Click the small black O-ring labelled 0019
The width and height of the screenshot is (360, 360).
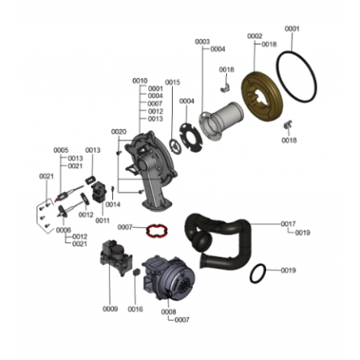click(x=251, y=273)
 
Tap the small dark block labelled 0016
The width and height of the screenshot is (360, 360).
click(x=137, y=272)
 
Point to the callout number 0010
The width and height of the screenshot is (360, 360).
click(x=140, y=80)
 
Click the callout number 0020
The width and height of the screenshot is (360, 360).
click(x=119, y=131)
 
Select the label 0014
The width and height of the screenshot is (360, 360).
click(x=113, y=205)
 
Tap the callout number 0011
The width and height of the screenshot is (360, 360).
click(x=103, y=221)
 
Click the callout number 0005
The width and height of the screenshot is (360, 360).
click(x=61, y=151)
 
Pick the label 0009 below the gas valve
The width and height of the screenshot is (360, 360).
click(x=110, y=309)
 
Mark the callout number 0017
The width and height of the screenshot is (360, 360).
click(x=288, y=224)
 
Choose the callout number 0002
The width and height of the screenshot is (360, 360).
click(x=255, y=36)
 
